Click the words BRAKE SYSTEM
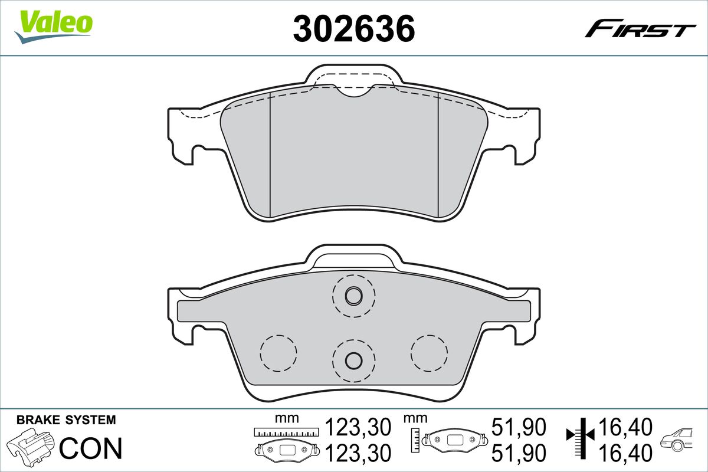point(66,420)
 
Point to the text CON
point(91,448)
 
